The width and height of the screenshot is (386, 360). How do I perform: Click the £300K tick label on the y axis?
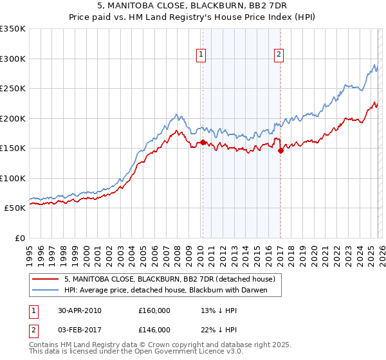(13, 59)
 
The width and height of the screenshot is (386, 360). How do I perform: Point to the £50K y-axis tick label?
(15, 208)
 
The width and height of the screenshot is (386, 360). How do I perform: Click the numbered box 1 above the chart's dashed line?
(202, 55)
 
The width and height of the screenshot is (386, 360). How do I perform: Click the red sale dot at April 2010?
(203, 142)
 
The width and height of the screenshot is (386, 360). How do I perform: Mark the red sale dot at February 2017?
(280, 150)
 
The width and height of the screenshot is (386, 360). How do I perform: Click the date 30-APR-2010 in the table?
(80, 310)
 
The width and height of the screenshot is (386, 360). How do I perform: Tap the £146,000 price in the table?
(154, 329)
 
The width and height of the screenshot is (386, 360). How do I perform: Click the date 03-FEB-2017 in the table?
(80, 329)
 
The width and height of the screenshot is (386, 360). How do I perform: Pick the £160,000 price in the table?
(154, 310)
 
